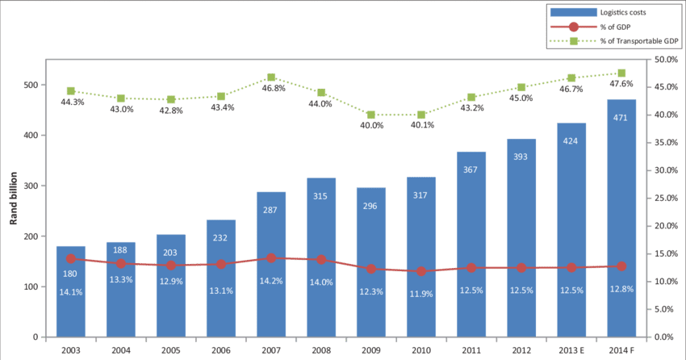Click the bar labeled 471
[x=621, y=218]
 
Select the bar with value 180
[x=71, y=291]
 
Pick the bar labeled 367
[x=471, y=243]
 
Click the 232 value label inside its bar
[x=221, y=239]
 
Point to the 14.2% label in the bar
[x=271, y=281]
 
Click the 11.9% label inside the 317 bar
[x=421, y=294]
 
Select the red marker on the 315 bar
[x=321, y=260]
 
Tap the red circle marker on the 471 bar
[x=621, y=266]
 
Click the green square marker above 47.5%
[x=621, y=73]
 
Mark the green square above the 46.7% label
[x=571, y=78]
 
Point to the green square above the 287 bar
[x=271, y=77]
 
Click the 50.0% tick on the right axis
[x=665, y=60]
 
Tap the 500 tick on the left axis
[x=31, y=85]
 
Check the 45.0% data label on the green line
[x=521, y=98]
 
